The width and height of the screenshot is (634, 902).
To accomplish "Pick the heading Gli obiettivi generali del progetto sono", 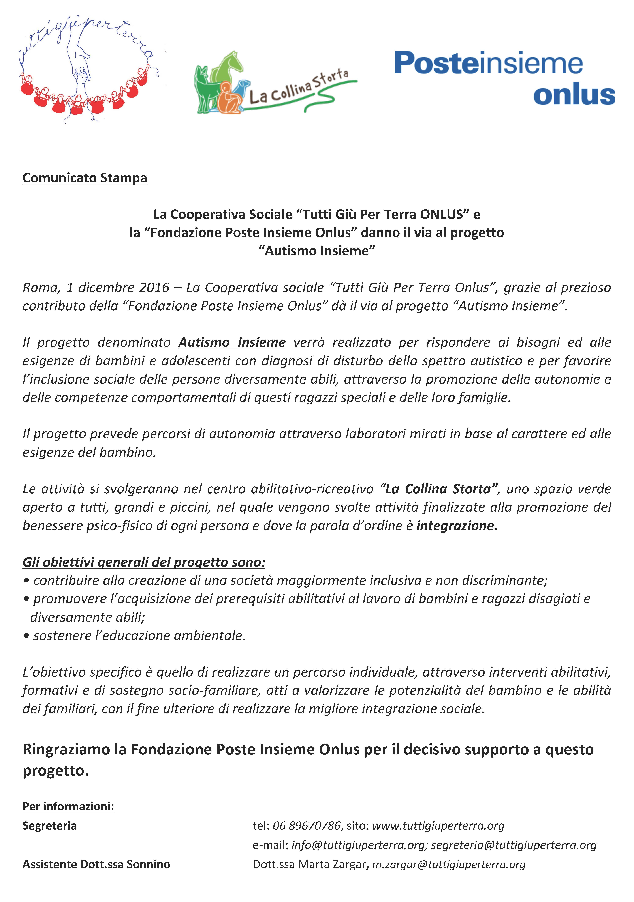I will [144, 562].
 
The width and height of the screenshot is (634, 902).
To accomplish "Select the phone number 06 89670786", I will [307, 826].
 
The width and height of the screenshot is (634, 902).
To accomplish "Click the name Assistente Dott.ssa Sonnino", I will [96, 864].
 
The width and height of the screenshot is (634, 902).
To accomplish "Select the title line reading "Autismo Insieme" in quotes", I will [317, 251].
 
